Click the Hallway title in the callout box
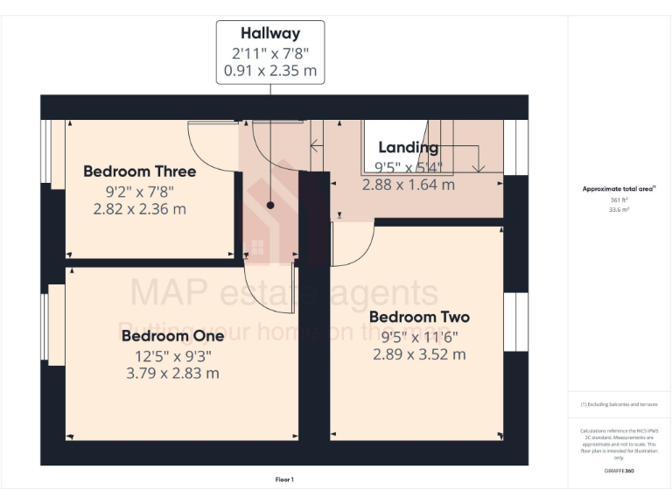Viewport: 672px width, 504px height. click(270, 33)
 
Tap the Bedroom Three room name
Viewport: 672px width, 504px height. click(139, 171)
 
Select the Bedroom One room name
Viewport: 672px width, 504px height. click(166, 336)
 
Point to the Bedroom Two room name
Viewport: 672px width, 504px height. click(419, 317)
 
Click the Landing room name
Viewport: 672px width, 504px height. click(408, 147)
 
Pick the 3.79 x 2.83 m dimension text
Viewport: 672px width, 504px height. click(172, 373)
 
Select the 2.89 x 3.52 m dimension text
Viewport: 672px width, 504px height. click(419, 354)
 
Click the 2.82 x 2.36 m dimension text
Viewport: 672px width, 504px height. click(139, 209)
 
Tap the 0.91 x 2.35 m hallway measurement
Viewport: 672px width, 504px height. click(270, 70)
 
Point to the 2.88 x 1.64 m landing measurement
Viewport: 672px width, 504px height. click(408, 185)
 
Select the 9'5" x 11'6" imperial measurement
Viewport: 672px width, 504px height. click(419, 336)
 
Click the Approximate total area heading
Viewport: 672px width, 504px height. click(618, 188)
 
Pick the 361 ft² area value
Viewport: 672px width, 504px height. click(619, 199)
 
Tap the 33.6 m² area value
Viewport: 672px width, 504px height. click(619, 209)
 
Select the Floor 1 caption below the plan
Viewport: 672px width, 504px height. click(284, 479)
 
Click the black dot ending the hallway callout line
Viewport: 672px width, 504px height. click(270, 205)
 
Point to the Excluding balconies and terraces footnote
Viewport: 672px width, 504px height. click(619, 404)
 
